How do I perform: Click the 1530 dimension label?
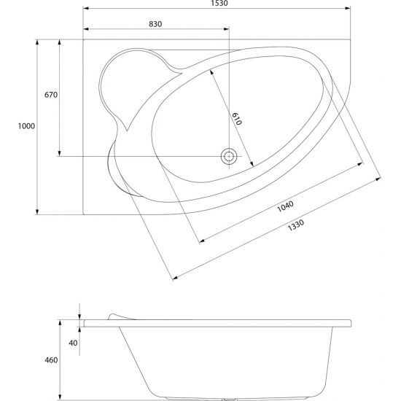coord(219,3)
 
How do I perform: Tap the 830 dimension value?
coord(155,24)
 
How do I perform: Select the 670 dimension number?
coord(51,95)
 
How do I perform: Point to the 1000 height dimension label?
coord(26,126)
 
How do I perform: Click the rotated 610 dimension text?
coord(237,119)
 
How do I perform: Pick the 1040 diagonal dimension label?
coord(285,206)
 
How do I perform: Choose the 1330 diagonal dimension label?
coord(296,225)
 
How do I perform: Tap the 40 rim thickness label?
coord(73,343)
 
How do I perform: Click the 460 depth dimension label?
coord(51,360)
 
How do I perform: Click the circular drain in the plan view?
coord(229,156)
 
